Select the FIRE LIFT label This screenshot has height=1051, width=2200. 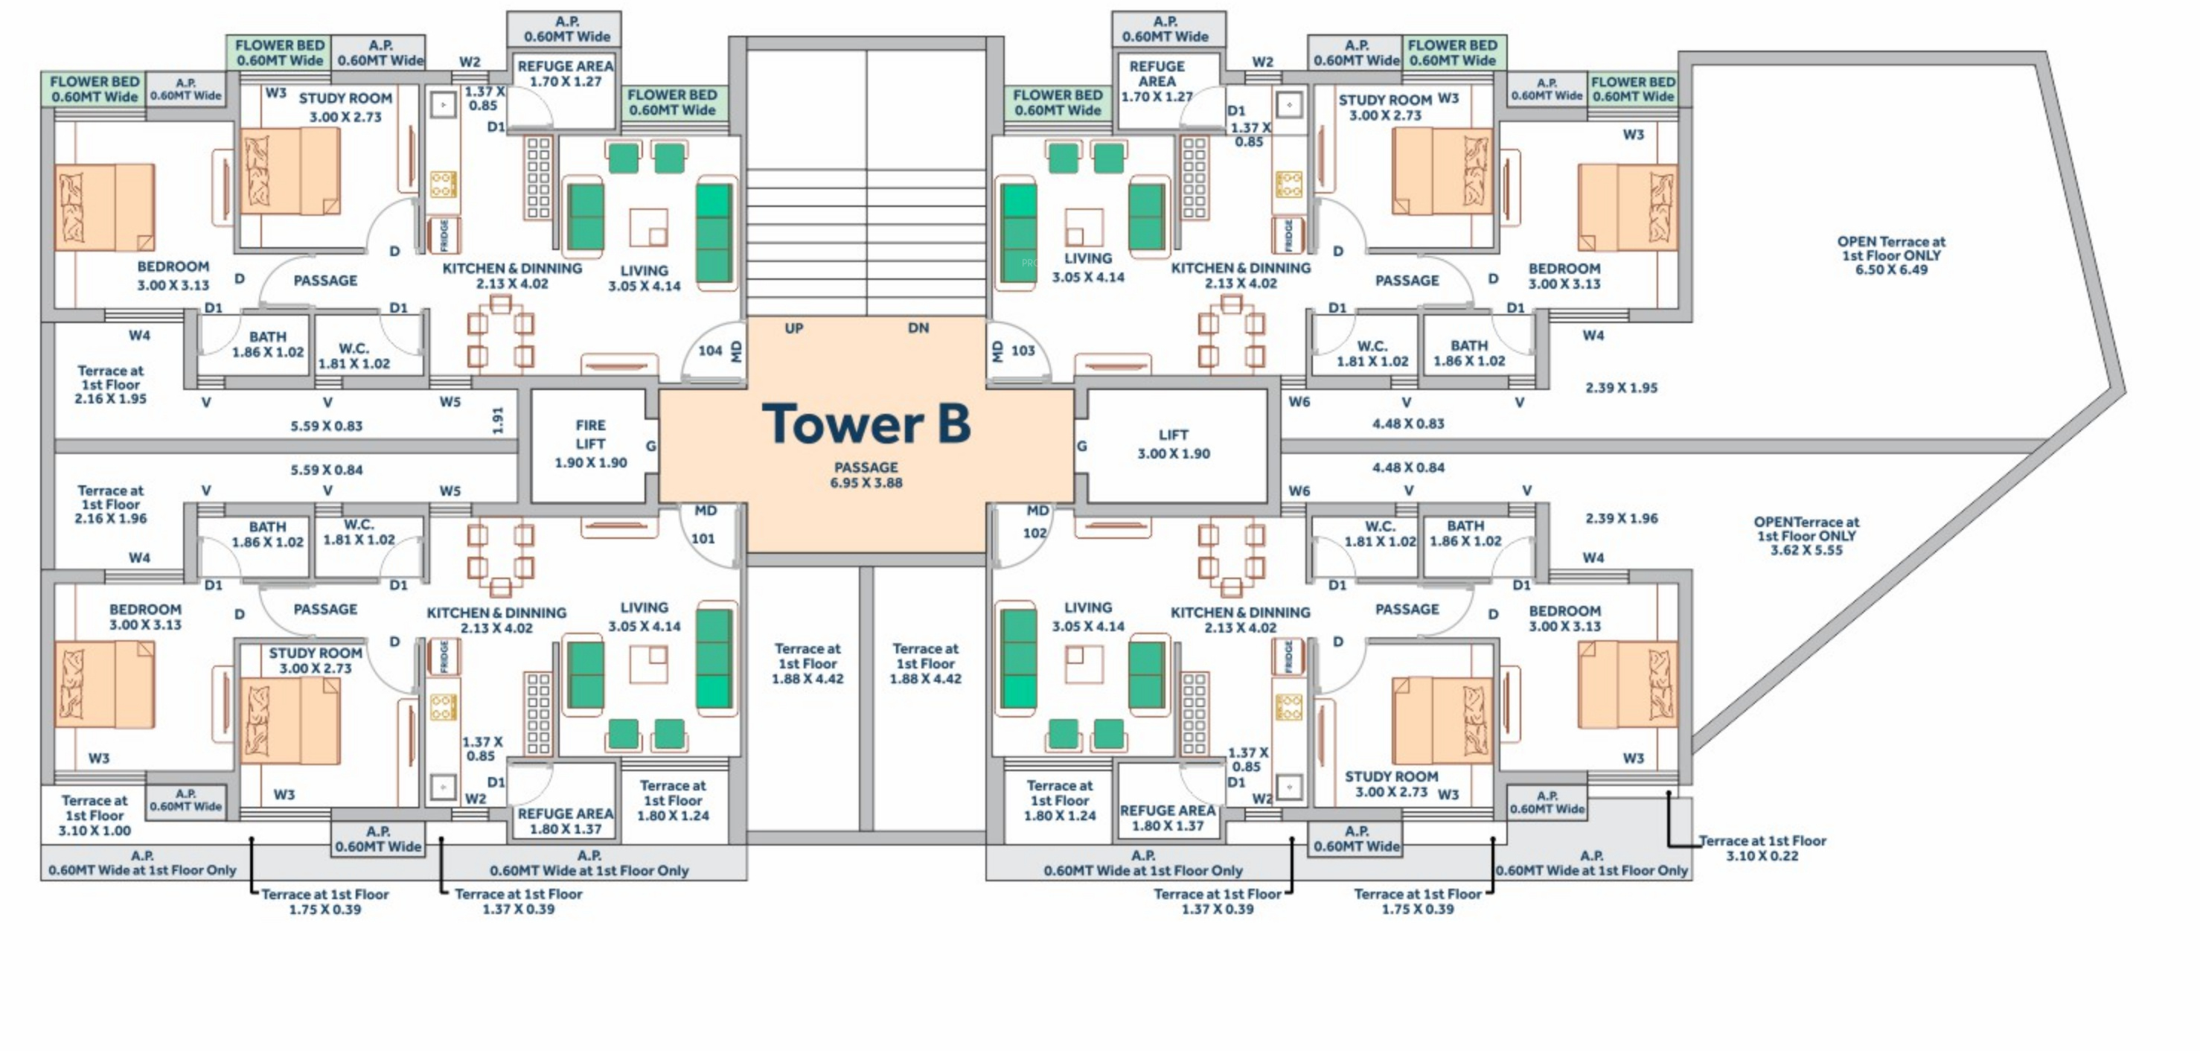590,444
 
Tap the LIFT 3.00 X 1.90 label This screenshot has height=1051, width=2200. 1174,444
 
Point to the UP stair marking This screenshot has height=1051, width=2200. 793,328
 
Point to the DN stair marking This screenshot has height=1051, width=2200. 918,328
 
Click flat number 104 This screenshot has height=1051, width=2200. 710,351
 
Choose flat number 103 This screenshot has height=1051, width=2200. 1023,351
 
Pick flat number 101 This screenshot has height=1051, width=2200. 703,538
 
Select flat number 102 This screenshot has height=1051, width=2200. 1035,533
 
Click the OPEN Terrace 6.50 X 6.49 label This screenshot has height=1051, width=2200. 1891,255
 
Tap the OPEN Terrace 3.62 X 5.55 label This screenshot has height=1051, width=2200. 1806,536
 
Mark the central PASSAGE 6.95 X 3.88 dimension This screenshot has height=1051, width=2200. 866,475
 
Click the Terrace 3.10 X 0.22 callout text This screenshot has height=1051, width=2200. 1762,849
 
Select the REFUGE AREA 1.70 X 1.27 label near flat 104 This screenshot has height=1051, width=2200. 566,74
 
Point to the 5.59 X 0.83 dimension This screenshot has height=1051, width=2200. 326,426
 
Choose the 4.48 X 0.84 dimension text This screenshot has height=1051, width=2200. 1407,467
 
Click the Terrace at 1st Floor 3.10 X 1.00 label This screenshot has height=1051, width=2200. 94,815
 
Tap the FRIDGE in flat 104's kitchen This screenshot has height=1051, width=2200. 444,235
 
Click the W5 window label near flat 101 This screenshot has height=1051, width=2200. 450,491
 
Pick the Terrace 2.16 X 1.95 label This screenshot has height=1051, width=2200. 110,385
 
